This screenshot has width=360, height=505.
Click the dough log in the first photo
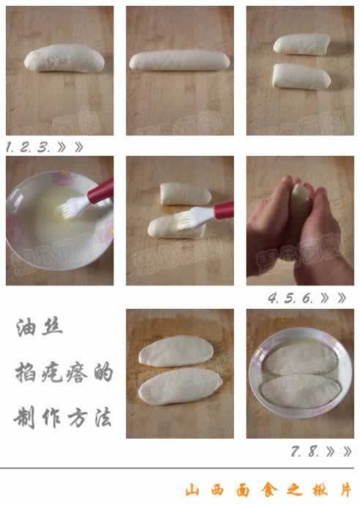[x=61, y=59]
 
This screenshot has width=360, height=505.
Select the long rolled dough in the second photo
[x=179, y=60]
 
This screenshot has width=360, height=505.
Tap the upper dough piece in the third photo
[x=301, y=45]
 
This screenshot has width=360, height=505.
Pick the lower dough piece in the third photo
[x=300, y=75]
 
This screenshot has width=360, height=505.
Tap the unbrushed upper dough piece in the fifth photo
[x=186, y=193]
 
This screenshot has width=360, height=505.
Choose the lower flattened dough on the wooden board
[x=181, y=386]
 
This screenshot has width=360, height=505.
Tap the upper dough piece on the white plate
[x=301, y=359]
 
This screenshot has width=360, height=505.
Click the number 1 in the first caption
[x=10, y=146]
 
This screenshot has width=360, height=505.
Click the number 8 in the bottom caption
[x=314, y=452]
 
